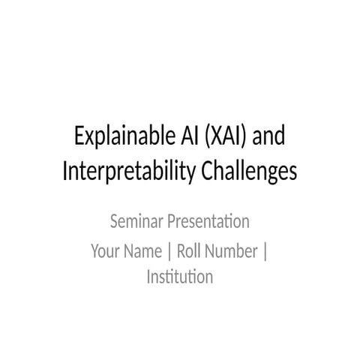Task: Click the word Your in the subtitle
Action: coord(106,251)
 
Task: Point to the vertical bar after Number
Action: coord(265,251)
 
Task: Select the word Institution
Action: coord(180,277)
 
